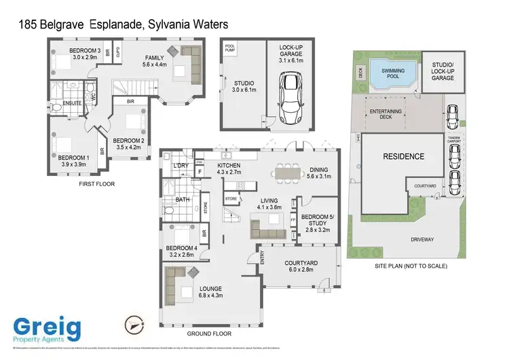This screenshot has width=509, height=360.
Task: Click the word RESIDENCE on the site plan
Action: tap(403, 156)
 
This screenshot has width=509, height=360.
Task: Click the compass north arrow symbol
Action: tap(134, 325)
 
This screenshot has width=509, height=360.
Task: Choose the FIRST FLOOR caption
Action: tap(96, 183)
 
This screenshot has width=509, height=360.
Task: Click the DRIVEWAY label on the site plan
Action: tap(422, 240)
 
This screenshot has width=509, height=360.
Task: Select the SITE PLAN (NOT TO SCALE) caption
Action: tap(411, 266)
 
